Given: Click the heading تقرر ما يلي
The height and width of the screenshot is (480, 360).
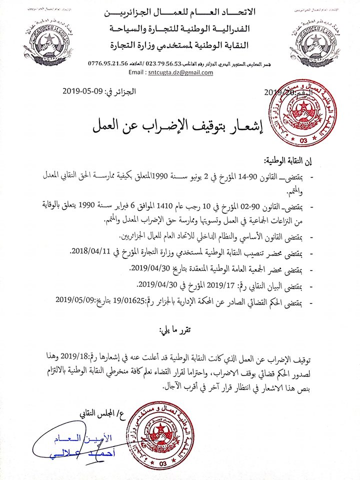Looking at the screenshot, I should (172, 331).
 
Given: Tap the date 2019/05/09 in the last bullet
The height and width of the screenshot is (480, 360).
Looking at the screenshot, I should (77, 302).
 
